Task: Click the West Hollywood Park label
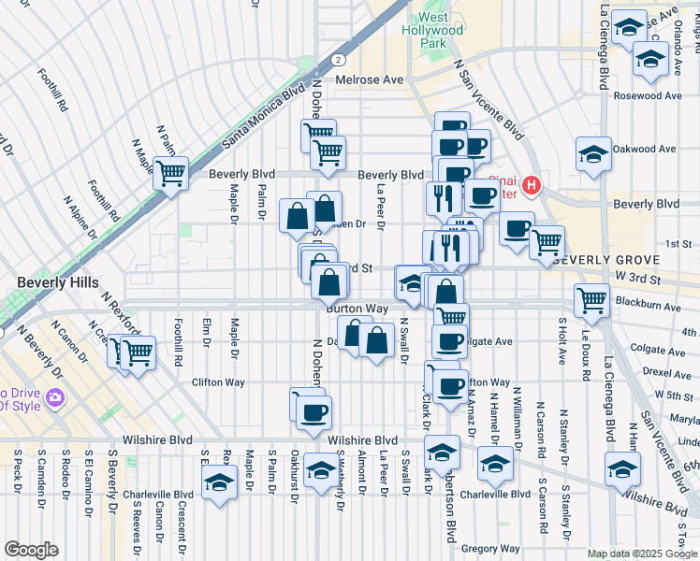tap(440, 30)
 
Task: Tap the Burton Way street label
tap(357, 308)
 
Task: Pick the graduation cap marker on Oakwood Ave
tap(592, 153)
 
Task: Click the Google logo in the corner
tap(31, 550)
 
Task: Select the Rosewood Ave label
tap(648, 96)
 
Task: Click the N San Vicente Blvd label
tap(487, 99)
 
